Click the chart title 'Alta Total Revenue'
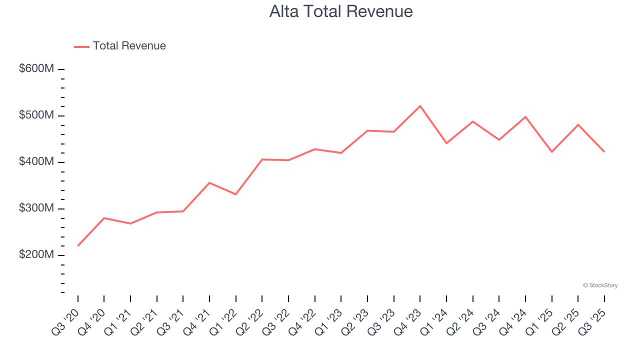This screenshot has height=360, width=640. tap(341, 11)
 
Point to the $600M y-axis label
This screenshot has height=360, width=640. tap(36, 69)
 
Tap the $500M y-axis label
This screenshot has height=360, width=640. tap(36, 115)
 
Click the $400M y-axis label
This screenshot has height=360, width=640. tap(36, 162)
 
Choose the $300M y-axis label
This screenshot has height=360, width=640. tap(36, 208)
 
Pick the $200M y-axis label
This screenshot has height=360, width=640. tap(36, 255)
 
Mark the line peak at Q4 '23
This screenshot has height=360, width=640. tap(420, 106)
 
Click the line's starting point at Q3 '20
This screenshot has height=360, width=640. tap(78, 245)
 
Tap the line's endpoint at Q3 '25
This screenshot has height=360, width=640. tap(604, 151)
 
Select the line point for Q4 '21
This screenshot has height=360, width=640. tap(209, 182)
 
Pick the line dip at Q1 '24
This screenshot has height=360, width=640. tap(446, 143)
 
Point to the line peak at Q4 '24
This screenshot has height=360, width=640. tap(525, 116)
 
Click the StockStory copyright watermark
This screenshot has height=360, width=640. tap(600, 285)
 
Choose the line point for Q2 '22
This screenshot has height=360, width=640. tap(262, 159)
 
